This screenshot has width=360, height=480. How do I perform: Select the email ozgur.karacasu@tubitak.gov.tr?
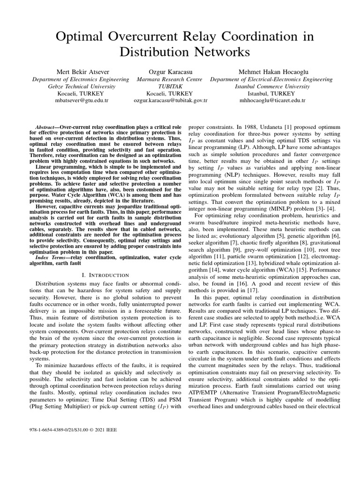tap(171, 100)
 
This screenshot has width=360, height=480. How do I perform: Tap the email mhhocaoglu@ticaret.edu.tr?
tap(272, 100)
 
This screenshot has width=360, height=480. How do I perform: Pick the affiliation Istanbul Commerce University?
tap(272, 86)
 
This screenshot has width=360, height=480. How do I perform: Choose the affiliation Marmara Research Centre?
tap(171, 79)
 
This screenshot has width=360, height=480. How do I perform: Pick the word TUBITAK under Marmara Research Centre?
tap(171, 86)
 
